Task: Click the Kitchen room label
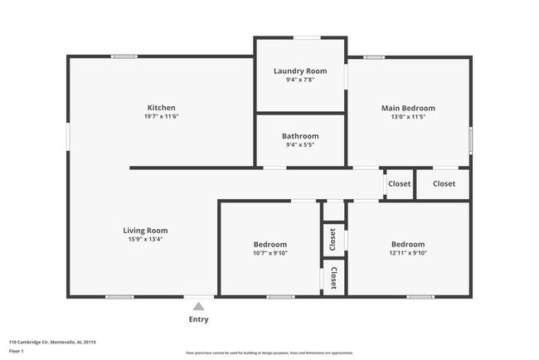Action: click(161, 108)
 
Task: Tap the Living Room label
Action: click(145, 231)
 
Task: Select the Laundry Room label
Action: click(300, 71)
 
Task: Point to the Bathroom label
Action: click(299, 136)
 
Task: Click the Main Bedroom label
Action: click(408, 108)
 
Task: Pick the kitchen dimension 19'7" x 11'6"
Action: click(161, 117)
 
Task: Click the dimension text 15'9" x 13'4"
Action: click(145, 240)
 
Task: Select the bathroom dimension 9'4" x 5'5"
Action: click(299, 145)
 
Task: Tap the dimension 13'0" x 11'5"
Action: click(408, 117)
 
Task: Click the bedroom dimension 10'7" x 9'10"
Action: click(270, 254)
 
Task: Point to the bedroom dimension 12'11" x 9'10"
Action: click(408, 254)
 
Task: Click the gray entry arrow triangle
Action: click(198, 306)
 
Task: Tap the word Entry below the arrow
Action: click(198, 319)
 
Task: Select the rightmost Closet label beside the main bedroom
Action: click(444, 183)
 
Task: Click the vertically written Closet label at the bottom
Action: click(333, 277)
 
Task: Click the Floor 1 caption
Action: click(17, 352)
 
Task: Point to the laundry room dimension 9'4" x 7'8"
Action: click(300, 80)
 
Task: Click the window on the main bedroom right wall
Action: click(470, 139)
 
